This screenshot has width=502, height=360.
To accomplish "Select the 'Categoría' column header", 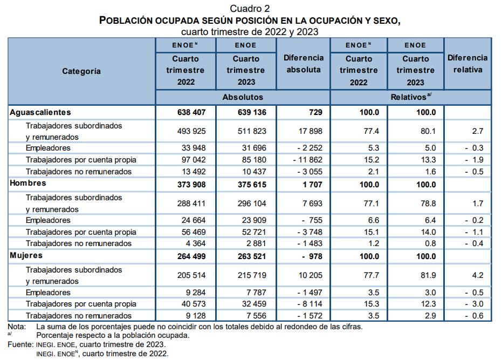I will [81, 71].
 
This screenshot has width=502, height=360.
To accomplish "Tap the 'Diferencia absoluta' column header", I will [305, 64].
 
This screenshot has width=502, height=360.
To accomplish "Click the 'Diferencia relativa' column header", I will [467, 64].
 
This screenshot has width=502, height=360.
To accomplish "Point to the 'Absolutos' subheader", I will [243, 97].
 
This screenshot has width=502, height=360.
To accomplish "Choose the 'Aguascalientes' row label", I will [40, 112].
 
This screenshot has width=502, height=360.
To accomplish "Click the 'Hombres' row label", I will [28, 184].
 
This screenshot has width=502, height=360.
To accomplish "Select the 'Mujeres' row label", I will [26, 256].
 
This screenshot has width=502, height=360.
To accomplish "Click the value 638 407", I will [185, 112].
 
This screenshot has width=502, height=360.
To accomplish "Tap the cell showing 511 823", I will [245, 131].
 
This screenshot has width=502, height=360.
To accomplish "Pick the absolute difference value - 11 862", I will [307, 160].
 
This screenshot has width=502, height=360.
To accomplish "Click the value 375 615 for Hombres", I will [246, 185].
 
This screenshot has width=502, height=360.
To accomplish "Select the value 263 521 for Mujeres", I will [246, 256].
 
